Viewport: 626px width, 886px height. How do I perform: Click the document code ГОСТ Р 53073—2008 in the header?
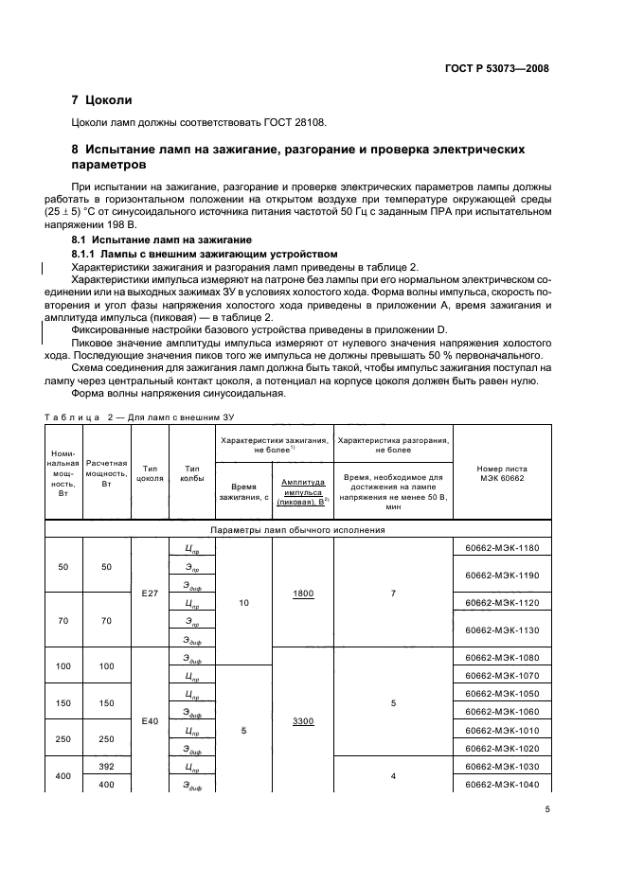tap(496, 68)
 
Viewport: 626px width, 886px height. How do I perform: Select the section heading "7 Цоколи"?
tap(102, 99)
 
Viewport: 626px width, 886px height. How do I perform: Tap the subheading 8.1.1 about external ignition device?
tap(205, 255)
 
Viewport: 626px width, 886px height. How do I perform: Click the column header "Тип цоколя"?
tap(150, 473)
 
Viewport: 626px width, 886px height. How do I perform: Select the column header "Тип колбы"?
tap(192, 473)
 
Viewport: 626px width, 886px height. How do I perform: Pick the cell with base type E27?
tap(150, 593)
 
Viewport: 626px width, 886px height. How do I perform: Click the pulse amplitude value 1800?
tap(303, 593)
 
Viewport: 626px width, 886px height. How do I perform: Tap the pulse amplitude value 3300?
tap(303, 721)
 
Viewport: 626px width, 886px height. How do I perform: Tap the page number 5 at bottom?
tap(546, 809)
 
